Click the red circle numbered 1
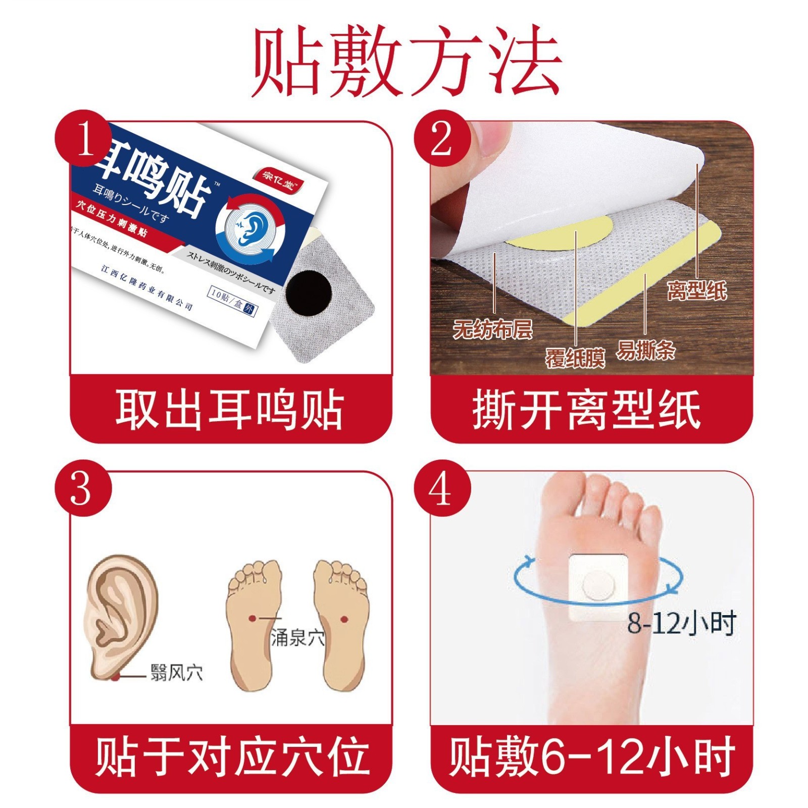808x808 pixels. [84, 138]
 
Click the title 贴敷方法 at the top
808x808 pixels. [407, 61]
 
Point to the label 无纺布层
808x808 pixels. [492, 330]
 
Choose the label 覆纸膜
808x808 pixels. [575, 358]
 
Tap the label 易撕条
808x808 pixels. [645, 349]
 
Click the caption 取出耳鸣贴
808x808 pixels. [230, 410]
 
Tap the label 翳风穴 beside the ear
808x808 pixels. [177, 672]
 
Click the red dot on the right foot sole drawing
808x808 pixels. [344, 619]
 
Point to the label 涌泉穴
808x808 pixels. [297, 637]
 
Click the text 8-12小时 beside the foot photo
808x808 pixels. [682, 624]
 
